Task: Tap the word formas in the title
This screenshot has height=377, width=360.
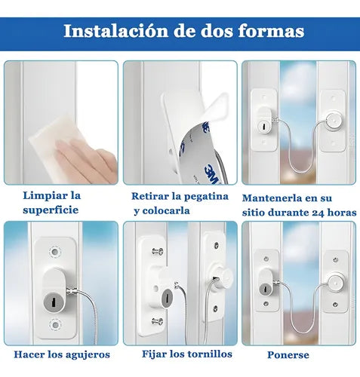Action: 267,31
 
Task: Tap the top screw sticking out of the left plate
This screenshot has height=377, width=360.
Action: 157,253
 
